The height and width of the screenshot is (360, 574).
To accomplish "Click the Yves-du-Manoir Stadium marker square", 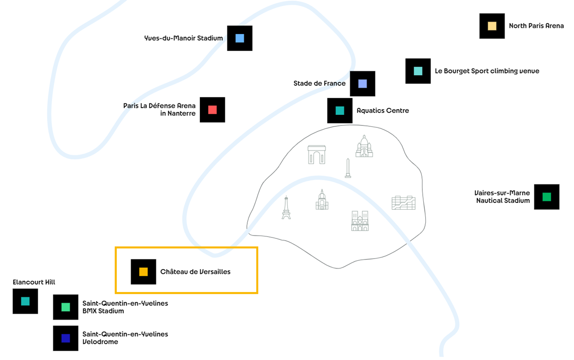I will click(x=240, y=38).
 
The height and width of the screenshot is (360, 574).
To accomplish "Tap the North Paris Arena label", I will click(x=536, y=26).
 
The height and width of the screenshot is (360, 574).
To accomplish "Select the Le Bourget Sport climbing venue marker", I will click(x=418, y=71).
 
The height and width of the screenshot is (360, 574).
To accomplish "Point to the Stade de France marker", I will click(x=363, y=84).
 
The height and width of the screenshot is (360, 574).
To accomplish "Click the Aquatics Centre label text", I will click(x=383, y=111).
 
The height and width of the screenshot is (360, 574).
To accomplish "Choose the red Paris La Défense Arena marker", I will click(x=212, y=110).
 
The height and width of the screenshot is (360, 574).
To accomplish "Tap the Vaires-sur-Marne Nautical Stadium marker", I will click(x=547, y=197).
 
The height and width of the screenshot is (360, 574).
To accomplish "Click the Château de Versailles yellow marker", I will click(x=143, y=272).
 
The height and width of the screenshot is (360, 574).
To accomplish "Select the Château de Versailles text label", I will click(x=195, y=272).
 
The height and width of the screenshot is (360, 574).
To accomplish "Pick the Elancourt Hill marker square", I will click(x=25, y=301).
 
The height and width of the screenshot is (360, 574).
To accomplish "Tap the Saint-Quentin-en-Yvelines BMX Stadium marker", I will click(x=66, y=307).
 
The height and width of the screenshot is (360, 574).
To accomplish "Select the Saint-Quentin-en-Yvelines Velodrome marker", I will click(x=66, y=338).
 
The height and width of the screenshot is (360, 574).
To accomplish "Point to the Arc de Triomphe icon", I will click(x=317, y=155).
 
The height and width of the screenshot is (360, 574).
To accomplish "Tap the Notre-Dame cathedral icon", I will click(x=360, y=221).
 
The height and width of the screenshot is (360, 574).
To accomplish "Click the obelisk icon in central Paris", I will click(x=348, y=169).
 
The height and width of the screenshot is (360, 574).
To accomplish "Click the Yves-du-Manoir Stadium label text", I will click(x=184, y=38).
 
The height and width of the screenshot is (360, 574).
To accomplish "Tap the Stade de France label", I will click(x=320, y=83).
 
